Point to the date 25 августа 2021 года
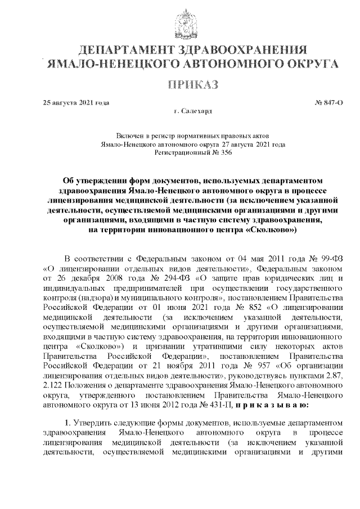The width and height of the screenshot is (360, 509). (76, 103)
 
